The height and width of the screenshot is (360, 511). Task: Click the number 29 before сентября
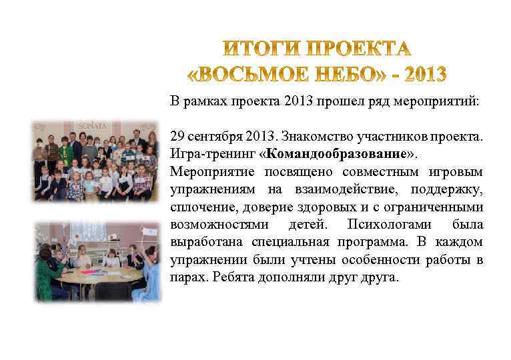[177, 137]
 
